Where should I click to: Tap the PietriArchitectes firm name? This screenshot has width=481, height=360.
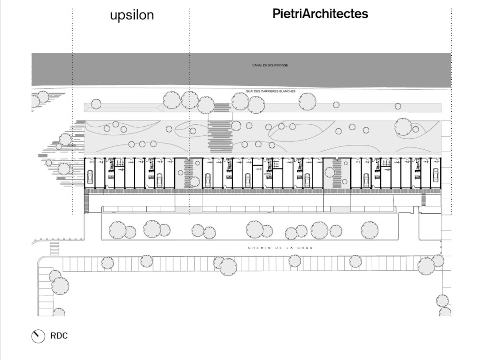coord(320,13)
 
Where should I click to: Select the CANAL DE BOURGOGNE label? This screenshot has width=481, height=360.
coord(270,65)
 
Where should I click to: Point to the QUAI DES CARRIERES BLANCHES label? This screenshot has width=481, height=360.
coord(270,91)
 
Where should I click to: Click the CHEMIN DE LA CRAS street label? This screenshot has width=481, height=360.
coord(280,248)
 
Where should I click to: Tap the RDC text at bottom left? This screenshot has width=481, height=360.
coord(59,336)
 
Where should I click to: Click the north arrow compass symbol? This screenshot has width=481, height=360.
coord(38,336)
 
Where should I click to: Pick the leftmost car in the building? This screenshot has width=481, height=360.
coord(90,177)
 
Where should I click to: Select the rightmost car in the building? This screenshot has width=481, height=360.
coord(435,175)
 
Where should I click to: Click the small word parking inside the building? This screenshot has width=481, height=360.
coord(268,174)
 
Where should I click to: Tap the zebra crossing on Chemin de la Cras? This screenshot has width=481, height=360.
coord(55,249)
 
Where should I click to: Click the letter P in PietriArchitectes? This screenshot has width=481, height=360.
coord(276,13)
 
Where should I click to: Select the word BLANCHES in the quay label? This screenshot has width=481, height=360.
coord(288,91)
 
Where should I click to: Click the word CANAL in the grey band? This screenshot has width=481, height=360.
coord(257,65)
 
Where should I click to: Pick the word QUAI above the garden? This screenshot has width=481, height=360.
coord(249,91)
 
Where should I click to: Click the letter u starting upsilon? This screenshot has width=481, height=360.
coord(114,16)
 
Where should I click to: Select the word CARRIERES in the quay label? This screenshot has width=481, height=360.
coord(270,91)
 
